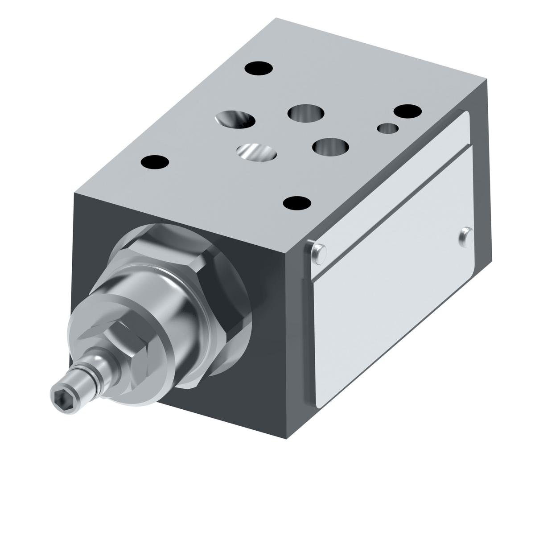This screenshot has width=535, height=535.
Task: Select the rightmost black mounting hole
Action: point(407,111)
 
